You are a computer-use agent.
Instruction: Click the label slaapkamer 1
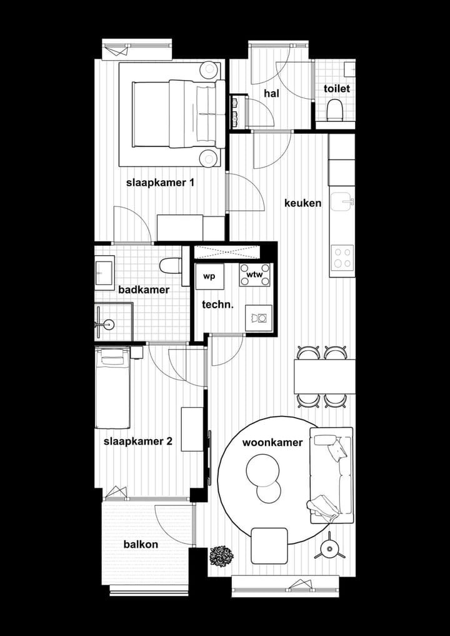point(161,183)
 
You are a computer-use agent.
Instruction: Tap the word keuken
point(302,203)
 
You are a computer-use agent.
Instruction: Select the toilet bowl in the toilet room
point(335,111)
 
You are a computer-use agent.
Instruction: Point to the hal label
point(271,93)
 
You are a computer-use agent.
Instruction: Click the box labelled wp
point(209,276)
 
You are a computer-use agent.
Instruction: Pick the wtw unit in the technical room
point(255,275)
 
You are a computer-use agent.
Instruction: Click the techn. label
point(217,305)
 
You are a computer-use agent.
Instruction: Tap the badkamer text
point(144,290)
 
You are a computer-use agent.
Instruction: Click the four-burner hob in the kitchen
point(342,256)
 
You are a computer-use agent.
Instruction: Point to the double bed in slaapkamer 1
point(178,114)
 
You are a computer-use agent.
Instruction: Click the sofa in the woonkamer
point(331,475)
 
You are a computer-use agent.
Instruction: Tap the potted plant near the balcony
point(221,555)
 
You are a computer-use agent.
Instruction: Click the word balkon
point(141,544)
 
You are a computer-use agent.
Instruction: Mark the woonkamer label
point(272,442)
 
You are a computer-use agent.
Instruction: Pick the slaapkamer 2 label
point(137,441)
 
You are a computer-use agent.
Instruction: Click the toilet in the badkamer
point(170,266)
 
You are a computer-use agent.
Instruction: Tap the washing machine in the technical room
point(258,318)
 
